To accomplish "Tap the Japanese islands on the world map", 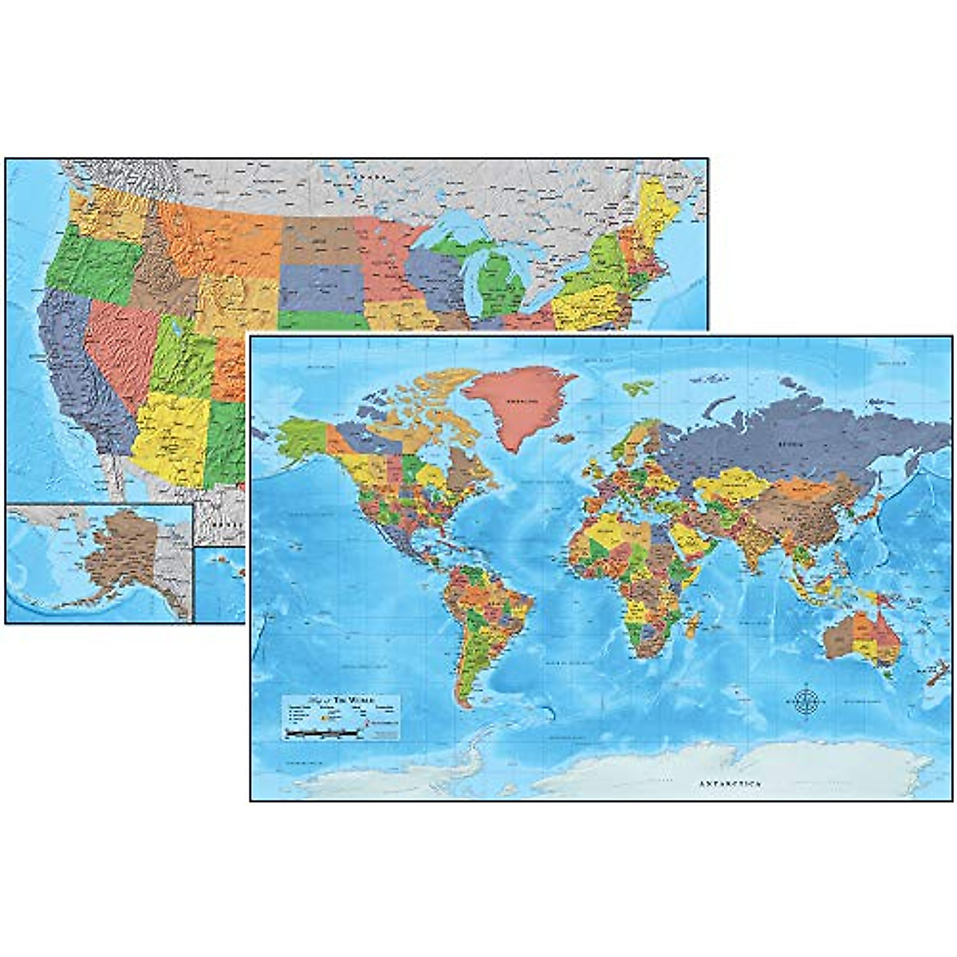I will coord(872,510).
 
